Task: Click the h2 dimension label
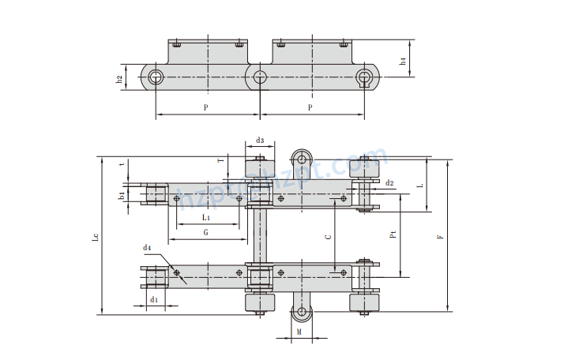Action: (x=119, y=78)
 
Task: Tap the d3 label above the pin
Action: (x=260, y=140)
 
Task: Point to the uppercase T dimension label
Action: (x=220, y=161)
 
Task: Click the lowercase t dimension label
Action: (x=121, y=164)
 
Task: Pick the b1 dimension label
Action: (x=121, y=195)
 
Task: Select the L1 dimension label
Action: (x=205, y=216)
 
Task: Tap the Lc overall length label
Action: (x=95, y=236)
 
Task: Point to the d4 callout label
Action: (x=146, y=248)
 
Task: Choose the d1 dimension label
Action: (x=155, y=300)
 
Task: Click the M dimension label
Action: (x=299, y=332)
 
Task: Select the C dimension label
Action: (x=328, y=235)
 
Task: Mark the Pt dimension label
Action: (x=393, y=234)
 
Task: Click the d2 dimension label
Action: (x=389, y=183)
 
